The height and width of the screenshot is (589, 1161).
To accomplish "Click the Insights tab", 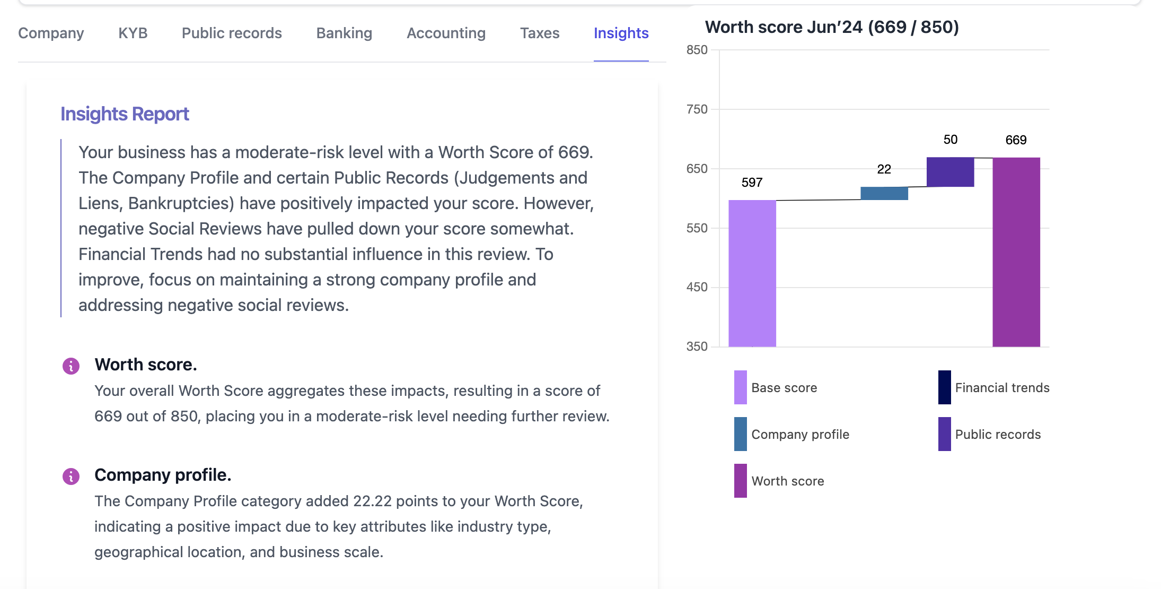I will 621,33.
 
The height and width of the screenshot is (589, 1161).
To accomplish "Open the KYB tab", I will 133,33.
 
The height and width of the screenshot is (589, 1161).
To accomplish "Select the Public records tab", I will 232,33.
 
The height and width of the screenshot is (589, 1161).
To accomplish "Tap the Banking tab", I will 344,33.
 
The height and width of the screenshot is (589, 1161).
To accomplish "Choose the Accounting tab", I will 446,33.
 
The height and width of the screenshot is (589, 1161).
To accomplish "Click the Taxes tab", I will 539,33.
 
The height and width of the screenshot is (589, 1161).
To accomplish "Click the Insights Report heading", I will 125,114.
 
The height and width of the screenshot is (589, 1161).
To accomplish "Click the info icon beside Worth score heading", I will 71,366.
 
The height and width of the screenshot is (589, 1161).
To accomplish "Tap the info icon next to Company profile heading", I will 71,477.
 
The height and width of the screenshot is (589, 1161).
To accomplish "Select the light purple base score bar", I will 752,273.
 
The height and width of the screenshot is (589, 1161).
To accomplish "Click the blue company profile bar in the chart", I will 884,193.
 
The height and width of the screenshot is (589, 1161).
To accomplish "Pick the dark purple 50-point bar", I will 950,172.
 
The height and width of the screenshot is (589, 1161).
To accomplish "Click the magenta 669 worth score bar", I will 1016,252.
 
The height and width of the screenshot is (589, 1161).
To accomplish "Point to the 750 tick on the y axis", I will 697,109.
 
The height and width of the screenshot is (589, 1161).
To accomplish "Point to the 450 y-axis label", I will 697,287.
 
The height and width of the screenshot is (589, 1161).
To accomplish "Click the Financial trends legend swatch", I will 944,387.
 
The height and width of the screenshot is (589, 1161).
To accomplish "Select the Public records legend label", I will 998,435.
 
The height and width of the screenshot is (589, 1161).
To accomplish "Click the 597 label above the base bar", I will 752,183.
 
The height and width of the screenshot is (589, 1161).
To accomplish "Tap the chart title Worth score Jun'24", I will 831,27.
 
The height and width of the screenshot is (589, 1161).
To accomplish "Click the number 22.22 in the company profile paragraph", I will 372,501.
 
